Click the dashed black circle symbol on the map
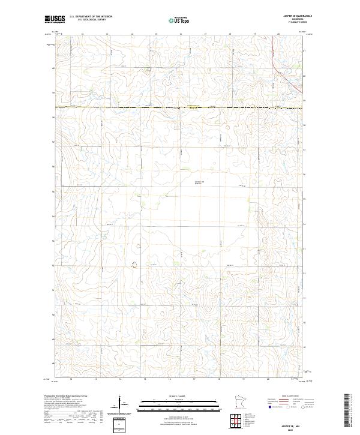pos(134,265)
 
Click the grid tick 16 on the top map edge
pos(181,35)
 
